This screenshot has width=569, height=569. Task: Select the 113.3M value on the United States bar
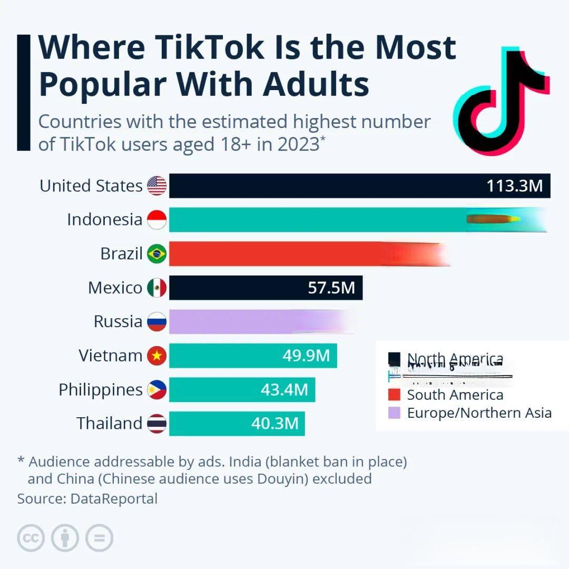514,186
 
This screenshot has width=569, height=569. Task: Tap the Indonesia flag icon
156,220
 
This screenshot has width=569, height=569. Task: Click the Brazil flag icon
156,254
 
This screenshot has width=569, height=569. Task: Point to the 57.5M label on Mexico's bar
331,288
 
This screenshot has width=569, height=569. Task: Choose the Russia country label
118,321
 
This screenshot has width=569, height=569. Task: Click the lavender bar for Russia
258,321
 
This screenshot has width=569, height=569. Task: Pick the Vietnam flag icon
156,356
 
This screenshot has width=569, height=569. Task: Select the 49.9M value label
306,356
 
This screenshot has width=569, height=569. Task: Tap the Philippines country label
101,390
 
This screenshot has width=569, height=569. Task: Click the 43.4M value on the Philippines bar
284,390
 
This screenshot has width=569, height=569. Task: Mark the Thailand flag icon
156,424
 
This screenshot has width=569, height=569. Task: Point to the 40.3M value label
275,424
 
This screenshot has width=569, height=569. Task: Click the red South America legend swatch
394,395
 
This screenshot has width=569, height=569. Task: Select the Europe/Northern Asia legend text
479,413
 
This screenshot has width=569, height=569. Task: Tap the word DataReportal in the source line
114,498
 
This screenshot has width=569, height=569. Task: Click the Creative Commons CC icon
31,538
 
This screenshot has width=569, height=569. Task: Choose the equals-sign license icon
99,538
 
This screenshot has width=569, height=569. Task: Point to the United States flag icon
156,186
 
